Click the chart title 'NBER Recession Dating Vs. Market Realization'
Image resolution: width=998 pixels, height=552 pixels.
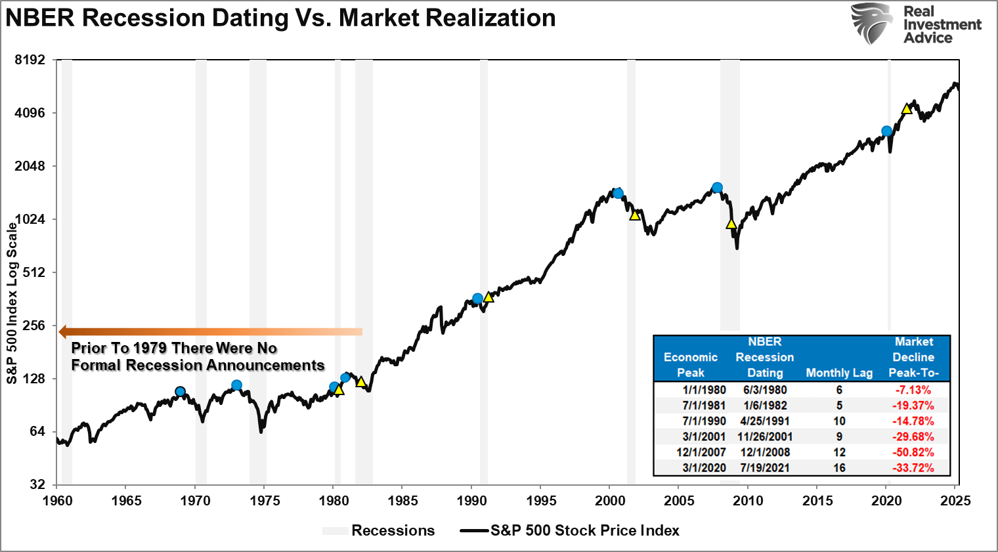280,18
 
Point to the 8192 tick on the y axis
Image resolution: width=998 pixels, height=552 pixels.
30,60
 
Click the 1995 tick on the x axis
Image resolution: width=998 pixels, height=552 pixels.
540,501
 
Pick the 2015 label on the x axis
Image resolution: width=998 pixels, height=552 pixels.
816,501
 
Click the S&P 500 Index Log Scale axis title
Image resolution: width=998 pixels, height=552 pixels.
12,303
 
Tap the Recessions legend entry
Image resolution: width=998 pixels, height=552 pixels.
393,530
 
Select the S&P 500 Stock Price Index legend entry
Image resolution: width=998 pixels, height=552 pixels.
584,530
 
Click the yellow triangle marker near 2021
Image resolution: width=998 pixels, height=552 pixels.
907,109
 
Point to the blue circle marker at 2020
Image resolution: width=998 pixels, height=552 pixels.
887,131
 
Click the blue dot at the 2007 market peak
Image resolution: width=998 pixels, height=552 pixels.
717,188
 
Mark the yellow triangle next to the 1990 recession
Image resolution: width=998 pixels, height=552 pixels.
488,297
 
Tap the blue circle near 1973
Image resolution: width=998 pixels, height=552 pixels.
236,385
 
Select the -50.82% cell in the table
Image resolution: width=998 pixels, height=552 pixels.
913,452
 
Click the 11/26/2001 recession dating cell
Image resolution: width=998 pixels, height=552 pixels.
764,436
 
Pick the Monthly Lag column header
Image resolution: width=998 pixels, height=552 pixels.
839,373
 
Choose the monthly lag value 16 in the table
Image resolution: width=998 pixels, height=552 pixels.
839,468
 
